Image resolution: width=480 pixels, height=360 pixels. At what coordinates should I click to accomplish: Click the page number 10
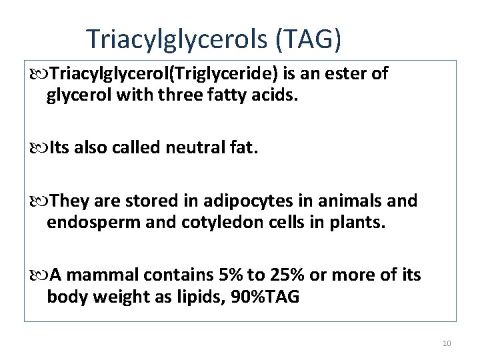[447, 343]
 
